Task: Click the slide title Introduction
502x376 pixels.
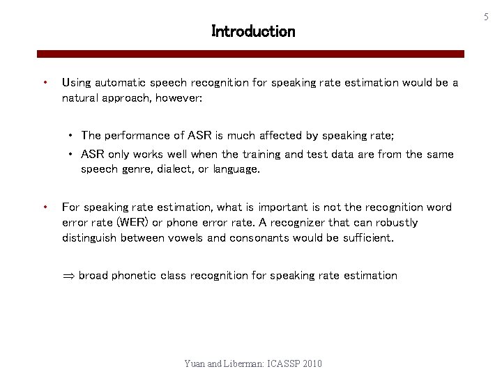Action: [253, 31]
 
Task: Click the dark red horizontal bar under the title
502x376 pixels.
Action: [250, 54]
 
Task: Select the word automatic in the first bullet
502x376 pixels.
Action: [119, 83]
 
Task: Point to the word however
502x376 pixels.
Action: [179, 98]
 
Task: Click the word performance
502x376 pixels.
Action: [137, 136]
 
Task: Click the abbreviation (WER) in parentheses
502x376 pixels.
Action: [131, 223]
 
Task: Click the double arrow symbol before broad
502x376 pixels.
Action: [68, 276]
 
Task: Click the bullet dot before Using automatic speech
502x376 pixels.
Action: [45, 82]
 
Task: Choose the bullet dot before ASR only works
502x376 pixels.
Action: [72, 155]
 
